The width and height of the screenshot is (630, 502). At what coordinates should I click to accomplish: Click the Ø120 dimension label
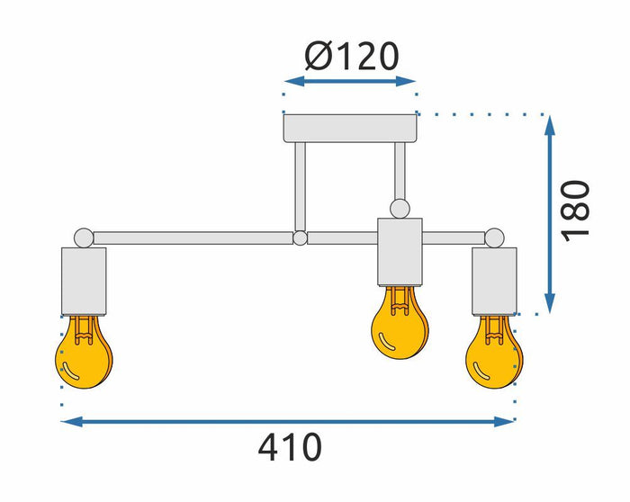point(352,56)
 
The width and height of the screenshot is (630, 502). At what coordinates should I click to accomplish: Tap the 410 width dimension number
point(290,447)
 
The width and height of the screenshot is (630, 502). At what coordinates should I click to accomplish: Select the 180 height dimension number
point(575,211)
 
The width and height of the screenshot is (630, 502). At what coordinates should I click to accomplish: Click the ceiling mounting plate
point(350,129)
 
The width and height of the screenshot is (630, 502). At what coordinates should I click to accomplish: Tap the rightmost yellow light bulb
point(494,352)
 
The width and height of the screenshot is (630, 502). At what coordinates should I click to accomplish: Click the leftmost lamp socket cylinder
point(84,282)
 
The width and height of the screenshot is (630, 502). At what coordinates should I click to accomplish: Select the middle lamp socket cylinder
point(400,252)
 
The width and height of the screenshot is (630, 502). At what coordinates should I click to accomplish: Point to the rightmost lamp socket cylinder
point(494,281)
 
